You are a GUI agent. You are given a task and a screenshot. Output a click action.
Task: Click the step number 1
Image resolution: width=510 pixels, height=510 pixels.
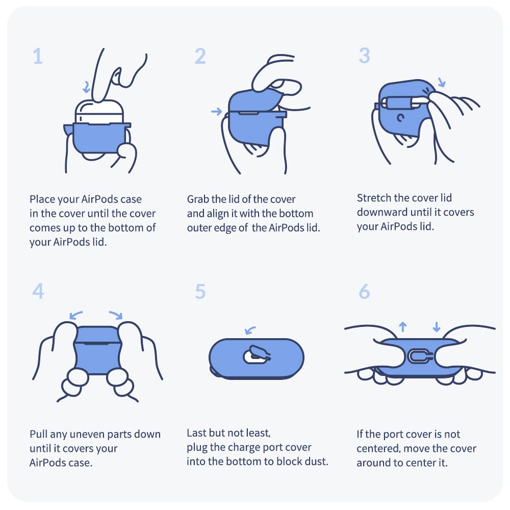38,56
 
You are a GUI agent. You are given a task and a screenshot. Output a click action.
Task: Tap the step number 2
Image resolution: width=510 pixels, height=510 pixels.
200,56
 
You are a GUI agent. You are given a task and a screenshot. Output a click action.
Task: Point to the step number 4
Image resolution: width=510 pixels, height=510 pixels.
38,291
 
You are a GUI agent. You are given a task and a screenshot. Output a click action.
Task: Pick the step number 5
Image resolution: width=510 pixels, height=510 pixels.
200,291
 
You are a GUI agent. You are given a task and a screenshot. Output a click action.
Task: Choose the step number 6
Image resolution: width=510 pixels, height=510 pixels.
364,291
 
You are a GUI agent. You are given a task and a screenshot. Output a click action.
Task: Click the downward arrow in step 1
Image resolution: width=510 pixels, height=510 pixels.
87,87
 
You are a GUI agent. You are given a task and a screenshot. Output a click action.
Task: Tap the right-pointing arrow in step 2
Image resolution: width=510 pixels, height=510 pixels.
216,112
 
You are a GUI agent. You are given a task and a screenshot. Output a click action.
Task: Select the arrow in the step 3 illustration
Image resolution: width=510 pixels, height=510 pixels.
441,82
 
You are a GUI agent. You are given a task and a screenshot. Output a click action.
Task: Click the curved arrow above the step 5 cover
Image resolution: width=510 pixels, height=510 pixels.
250,330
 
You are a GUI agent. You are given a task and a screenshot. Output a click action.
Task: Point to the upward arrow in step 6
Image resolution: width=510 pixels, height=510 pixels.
403,326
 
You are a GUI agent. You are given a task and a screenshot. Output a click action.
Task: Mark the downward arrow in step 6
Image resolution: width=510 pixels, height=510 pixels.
437,326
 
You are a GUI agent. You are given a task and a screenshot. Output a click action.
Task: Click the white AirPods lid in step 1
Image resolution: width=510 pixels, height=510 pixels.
99,112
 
